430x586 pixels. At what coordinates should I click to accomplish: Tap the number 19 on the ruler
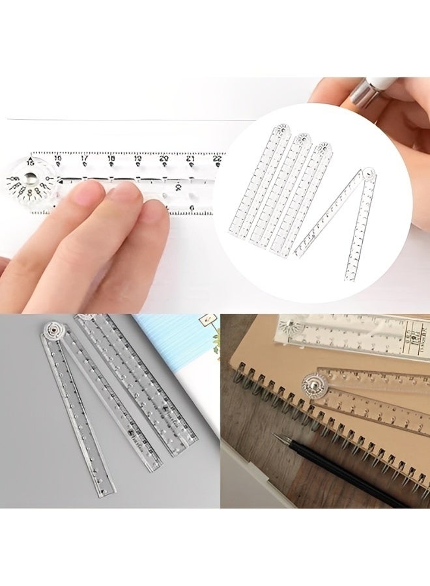137,158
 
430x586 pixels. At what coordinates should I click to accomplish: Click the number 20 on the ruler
164,158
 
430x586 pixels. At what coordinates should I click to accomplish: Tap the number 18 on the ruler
111,158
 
